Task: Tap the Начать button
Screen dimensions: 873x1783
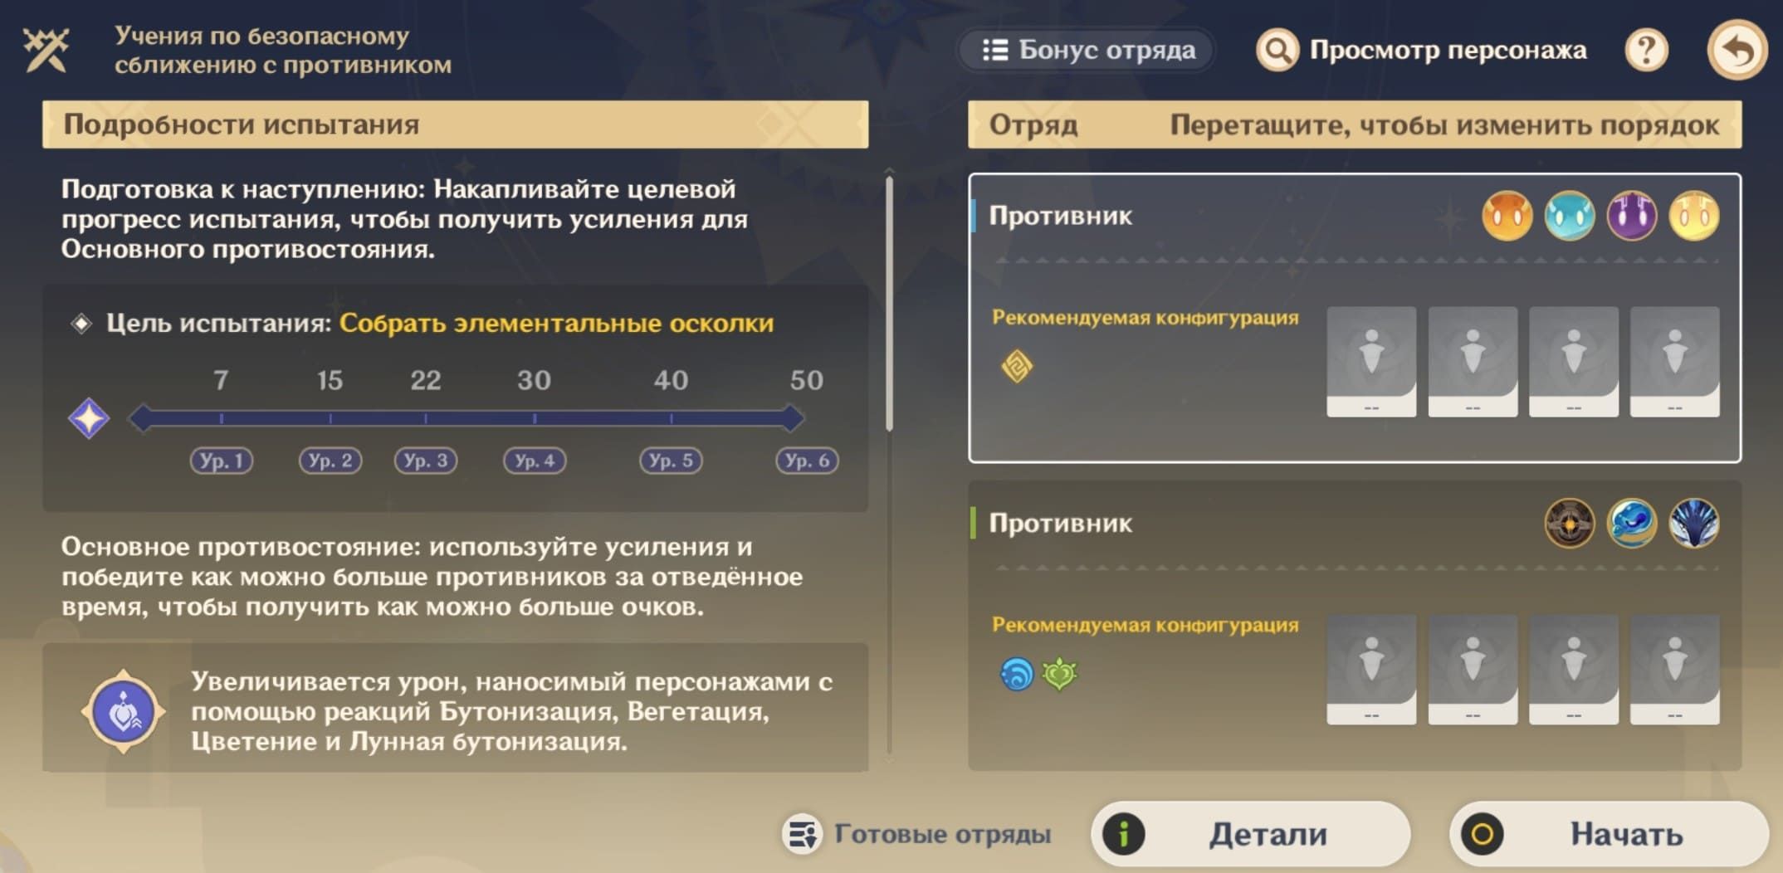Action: coord(1609,834)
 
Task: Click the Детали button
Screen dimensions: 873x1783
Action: coord(1251,834)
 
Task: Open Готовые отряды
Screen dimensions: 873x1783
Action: coord(917,834)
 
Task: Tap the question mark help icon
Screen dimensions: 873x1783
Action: coord(1646,51)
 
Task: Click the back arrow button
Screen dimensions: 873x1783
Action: coord(1737,51)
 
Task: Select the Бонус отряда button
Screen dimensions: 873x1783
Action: coord(1087,50)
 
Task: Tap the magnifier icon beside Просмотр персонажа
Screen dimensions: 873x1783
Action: coord(1277,51)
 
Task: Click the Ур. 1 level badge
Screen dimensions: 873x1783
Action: coord(222,461)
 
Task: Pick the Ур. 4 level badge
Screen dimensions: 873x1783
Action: coord(535,461)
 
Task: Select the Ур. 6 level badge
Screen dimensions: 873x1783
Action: coord(807,461)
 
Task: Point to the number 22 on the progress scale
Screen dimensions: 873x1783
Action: coord(425,380)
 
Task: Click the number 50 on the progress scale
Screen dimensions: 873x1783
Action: coord(806,380)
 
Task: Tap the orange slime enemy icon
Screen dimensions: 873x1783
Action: coord(1507,216)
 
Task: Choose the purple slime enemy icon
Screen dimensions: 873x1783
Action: coord(1631,216)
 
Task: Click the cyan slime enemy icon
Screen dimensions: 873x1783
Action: coord(1569,216)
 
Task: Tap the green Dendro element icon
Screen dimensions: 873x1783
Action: coord(1060,674)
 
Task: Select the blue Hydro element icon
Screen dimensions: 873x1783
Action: coord(1017,674)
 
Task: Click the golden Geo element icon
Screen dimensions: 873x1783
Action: coord(1017,366)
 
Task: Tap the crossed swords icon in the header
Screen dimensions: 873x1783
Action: coord(46,50)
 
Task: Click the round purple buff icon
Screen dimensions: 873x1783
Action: coord(123,712)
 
